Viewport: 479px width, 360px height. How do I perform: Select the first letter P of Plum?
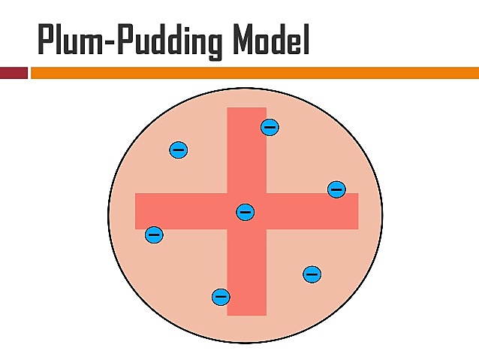pos(47,41)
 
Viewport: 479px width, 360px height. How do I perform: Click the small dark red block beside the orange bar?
pos(14,73)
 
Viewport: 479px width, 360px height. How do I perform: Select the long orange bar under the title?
pos(254,73)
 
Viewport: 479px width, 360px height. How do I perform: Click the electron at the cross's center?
pos(245,212)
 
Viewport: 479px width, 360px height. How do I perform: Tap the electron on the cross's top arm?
pos(270,127)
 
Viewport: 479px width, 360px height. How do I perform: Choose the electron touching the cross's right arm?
pos(336,189)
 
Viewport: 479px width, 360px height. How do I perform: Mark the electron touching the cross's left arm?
pos(154,234)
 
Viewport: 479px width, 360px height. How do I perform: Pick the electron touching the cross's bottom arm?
pos(221,296)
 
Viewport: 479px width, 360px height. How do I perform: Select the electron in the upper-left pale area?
pos(178,150)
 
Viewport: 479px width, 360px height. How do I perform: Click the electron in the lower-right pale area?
pos(312,274)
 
